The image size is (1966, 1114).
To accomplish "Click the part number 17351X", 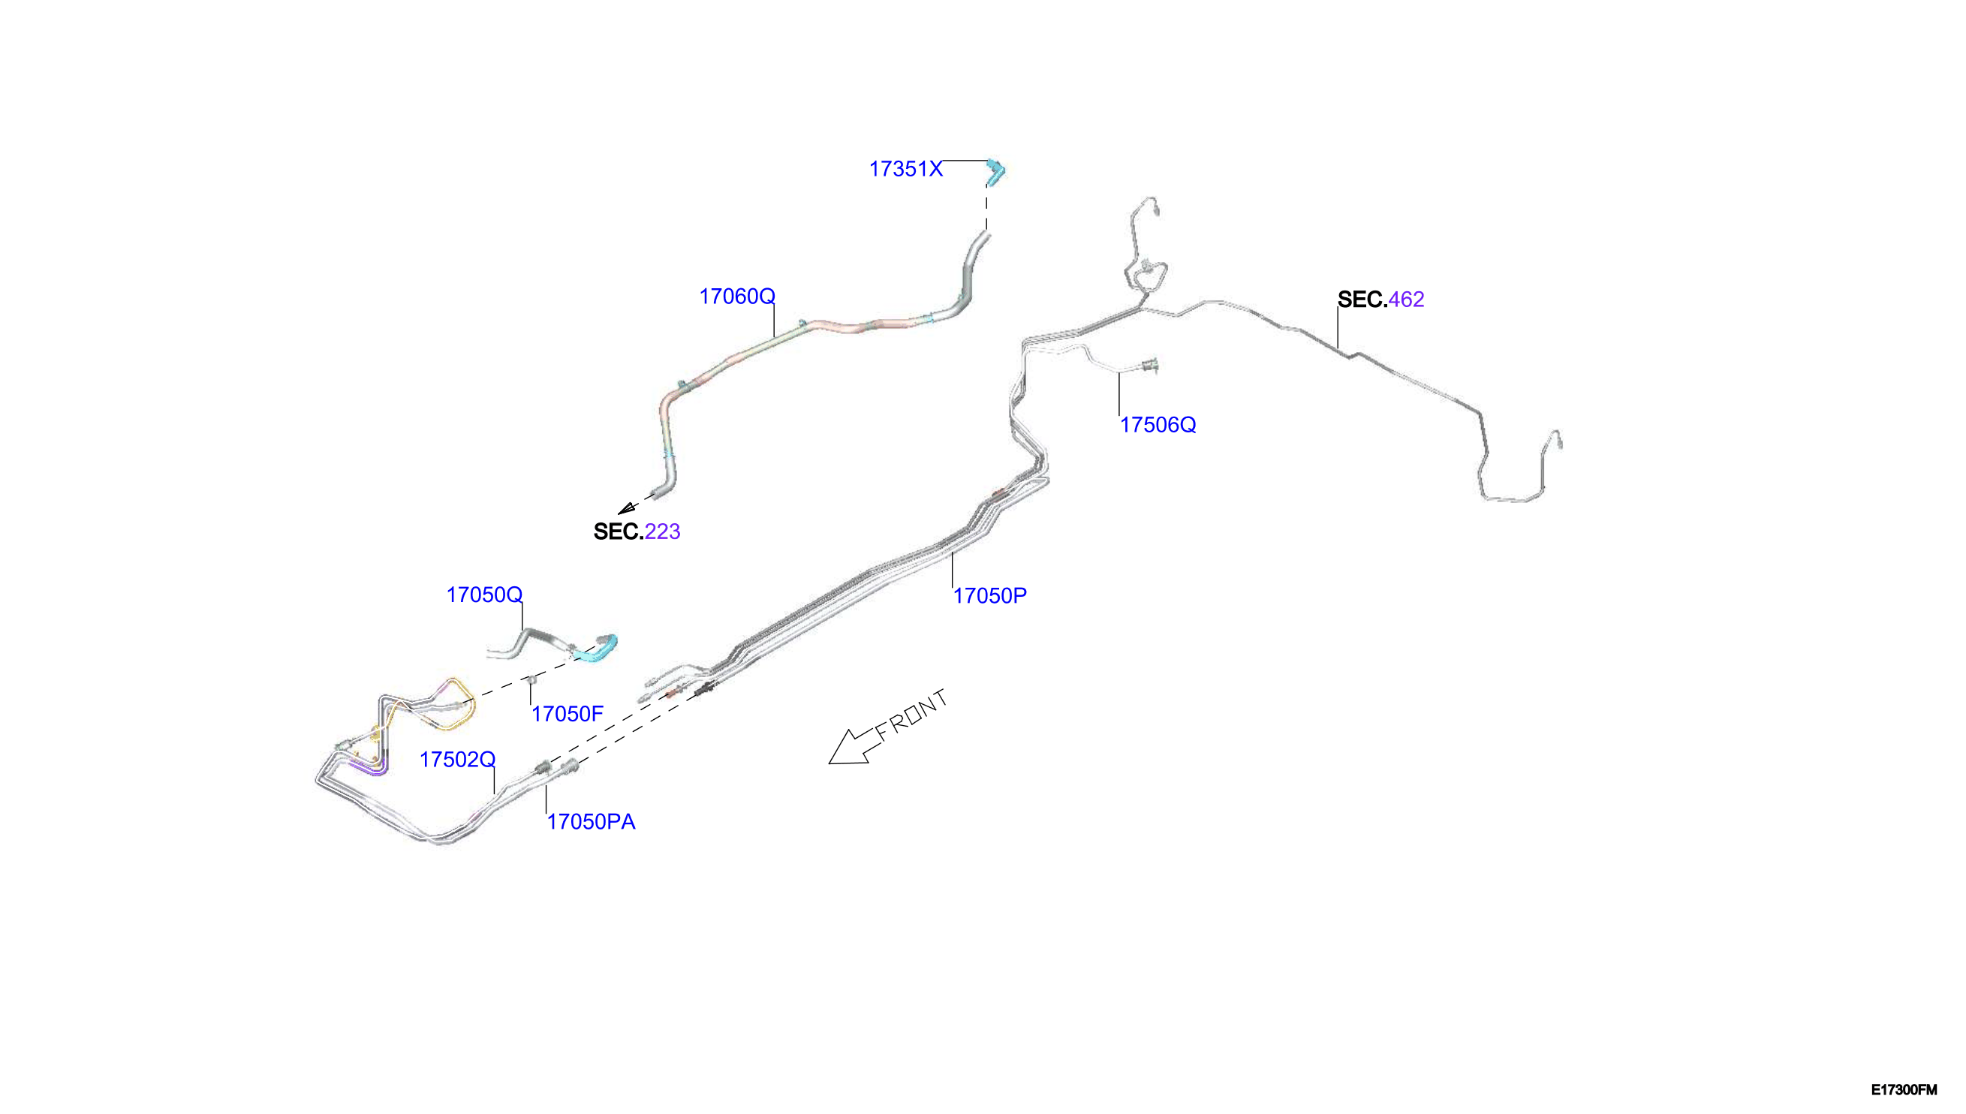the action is coord(906,169).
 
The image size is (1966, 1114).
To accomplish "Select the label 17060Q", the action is coord(736,296).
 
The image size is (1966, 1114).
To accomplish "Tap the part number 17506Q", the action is coord(1158,425).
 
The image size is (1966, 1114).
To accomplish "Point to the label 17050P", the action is coord(990,596).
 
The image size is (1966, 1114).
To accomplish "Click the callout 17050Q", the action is coord(484,595).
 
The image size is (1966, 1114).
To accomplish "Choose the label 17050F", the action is coord(568,714).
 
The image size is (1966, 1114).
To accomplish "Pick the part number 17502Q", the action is coord(457,759).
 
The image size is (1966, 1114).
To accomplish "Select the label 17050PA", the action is coord(592,822).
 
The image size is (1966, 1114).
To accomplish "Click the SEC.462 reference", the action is coord(1380,300).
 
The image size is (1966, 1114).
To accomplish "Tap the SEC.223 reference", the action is coord(637,531).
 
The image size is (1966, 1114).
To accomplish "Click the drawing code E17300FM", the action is coord(1904,1089).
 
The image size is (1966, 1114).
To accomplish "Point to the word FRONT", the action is coord(913,715).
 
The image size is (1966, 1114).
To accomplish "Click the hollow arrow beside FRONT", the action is coord(851,748).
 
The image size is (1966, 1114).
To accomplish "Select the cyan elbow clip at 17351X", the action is coord(995,173).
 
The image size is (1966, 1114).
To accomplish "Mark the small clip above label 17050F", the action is coord(531,679).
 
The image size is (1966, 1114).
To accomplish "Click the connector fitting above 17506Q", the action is coord(1149,366).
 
